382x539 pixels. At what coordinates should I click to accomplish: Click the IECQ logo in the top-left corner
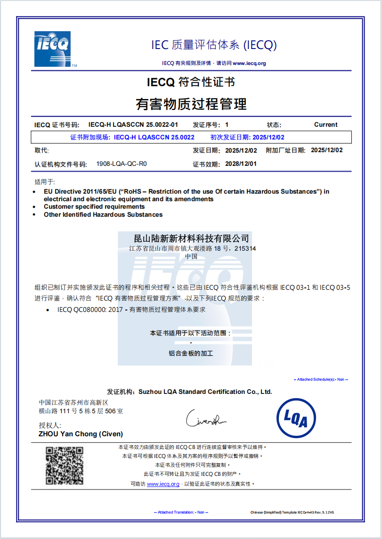52,49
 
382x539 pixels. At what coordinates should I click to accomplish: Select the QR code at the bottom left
65,466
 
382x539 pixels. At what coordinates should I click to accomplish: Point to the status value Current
325,125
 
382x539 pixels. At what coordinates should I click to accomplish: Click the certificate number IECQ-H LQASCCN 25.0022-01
133,125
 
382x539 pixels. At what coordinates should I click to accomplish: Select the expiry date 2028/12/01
241,164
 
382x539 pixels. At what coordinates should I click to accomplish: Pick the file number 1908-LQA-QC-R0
122,164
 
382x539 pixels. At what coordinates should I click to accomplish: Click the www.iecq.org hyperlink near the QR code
163,484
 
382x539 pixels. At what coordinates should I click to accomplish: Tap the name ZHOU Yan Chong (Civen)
81,434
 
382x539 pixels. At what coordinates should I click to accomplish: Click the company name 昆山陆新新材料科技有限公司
191,238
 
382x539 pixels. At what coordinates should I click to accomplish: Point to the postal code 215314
245,248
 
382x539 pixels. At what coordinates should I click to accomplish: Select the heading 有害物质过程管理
191,104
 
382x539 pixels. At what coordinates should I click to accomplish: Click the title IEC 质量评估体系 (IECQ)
214,45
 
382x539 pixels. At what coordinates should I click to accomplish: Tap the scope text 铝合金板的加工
191,353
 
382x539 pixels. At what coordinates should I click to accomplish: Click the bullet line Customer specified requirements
94,207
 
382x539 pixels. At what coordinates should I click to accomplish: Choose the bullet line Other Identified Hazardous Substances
103,215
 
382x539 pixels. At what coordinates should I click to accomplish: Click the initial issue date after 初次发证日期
268,138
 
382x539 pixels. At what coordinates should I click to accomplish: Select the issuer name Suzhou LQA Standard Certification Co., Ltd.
205,392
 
